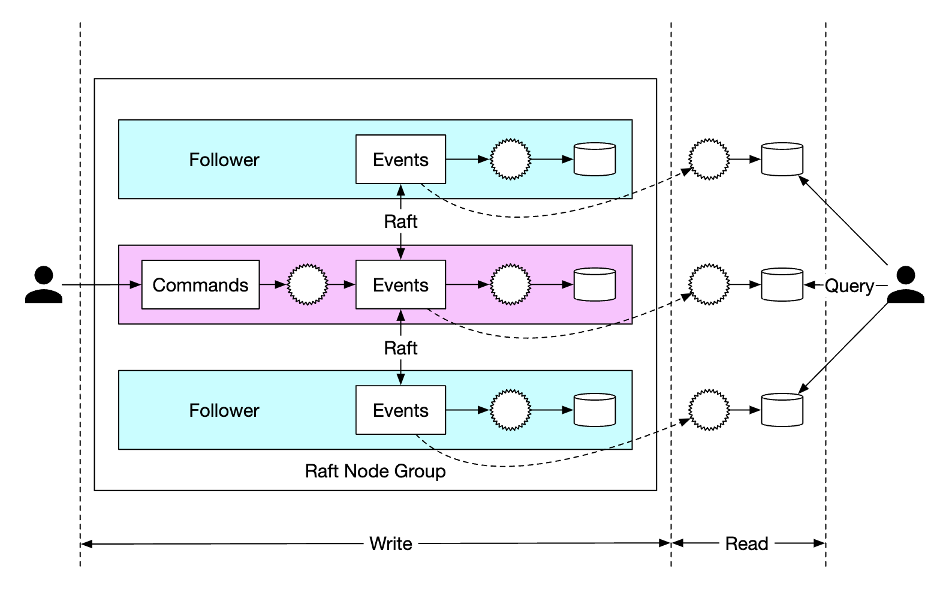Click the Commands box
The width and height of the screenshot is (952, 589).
pos(200,285)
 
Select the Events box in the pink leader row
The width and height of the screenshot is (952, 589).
pos(400,285)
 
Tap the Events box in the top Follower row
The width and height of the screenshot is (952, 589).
pos(400,160)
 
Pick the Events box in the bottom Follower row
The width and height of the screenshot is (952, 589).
pos(400,410)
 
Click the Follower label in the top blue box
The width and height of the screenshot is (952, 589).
pos(224,160)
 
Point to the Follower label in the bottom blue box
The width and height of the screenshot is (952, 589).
pos(224,411)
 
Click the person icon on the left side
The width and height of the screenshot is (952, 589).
pos(44,285)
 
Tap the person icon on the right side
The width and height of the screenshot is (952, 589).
pos(905,285)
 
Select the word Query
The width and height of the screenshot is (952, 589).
pos(849,286)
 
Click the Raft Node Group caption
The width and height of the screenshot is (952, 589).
pos(375,471)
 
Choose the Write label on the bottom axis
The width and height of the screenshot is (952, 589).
pos(391,544)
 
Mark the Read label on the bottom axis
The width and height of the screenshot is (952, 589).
pos(746,544)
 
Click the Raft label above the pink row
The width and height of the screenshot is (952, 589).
pos(400,222)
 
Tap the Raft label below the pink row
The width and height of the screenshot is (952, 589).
pos(400,348)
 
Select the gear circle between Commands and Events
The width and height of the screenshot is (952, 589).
pos(308,285)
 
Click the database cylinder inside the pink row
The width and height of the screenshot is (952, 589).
pos(595,285)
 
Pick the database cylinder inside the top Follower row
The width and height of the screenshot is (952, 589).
pos(595,160)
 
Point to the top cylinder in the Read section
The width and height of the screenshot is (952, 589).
pos(782,160)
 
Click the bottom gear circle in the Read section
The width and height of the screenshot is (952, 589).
pos(709,410)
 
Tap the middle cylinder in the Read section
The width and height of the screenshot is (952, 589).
pos(782,285)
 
